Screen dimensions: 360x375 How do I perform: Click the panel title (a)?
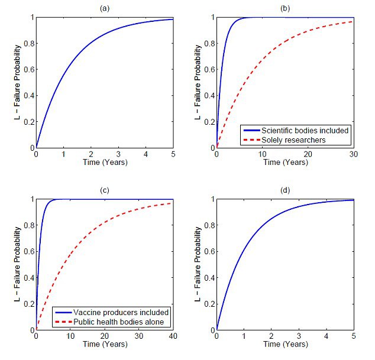click(x=104, y=8)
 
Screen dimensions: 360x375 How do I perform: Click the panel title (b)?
click(x=285, y=8)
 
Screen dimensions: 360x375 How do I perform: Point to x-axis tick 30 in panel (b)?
click(x=353, y=154)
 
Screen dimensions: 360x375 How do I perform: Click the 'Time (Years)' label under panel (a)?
click(x=104, y=162)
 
